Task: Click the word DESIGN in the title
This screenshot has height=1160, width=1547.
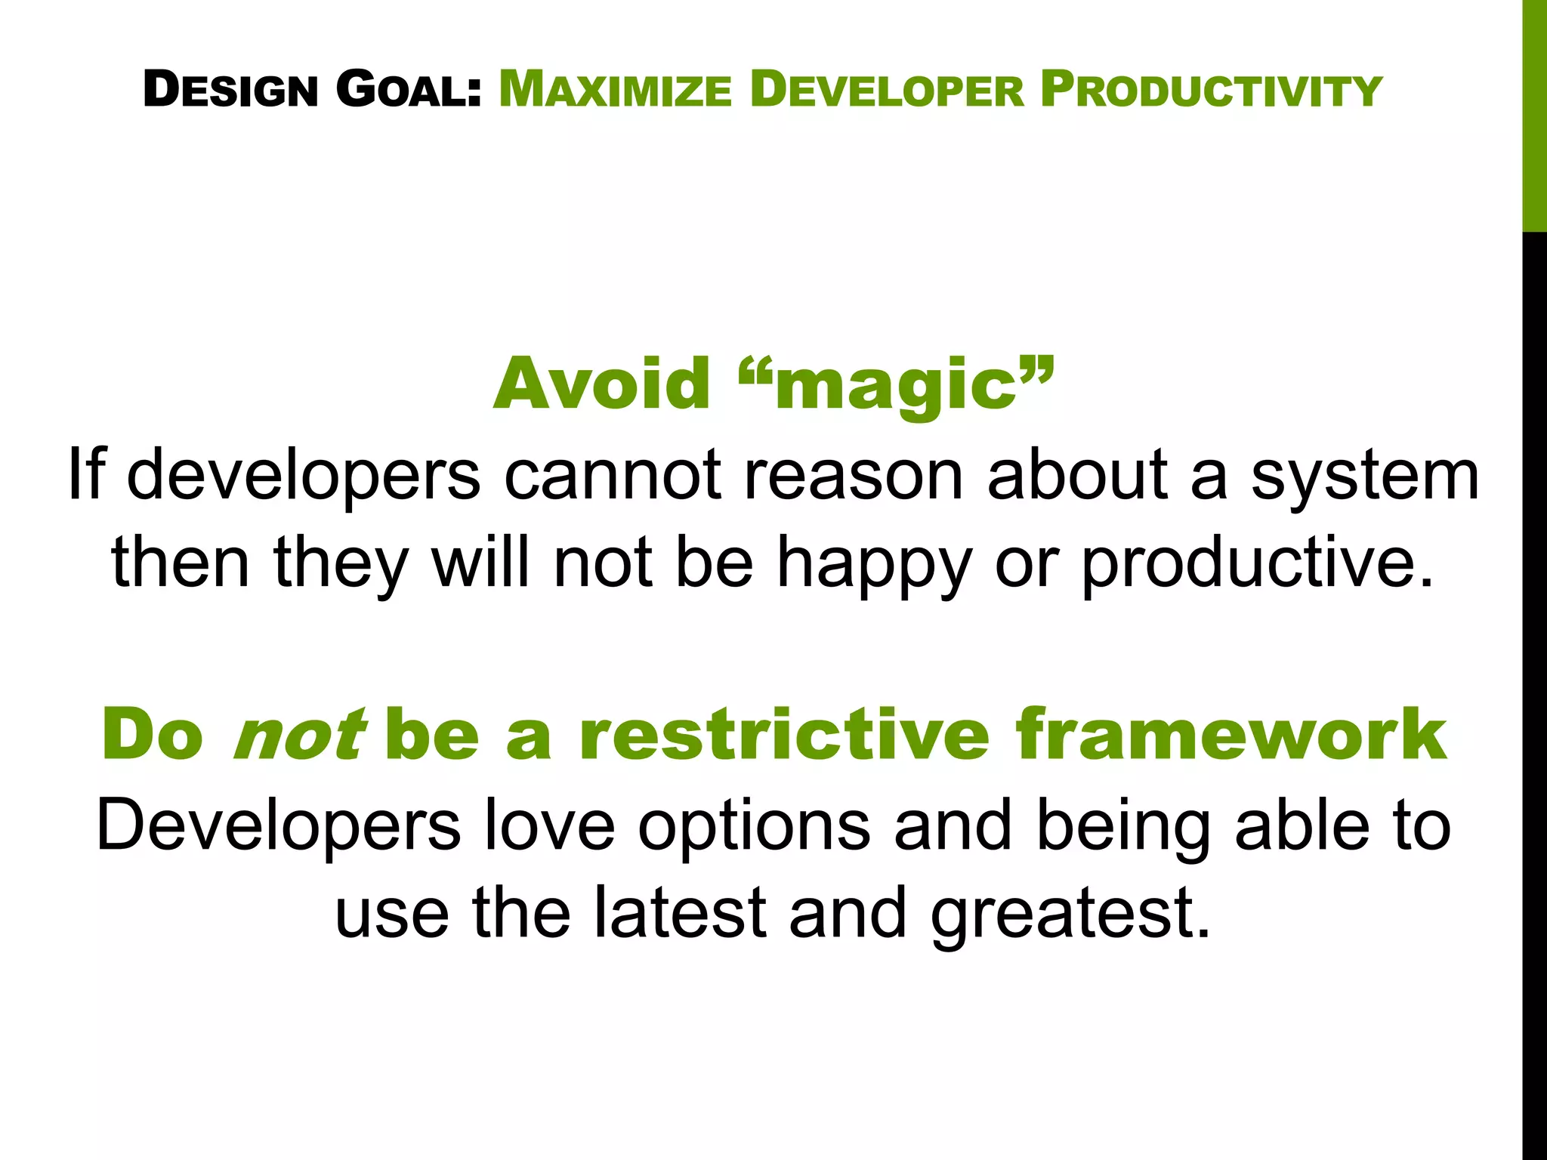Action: pos(230,90)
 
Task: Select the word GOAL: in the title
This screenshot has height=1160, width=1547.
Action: pos(408,90)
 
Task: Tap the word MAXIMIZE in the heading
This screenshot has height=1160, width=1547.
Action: pos(615,90)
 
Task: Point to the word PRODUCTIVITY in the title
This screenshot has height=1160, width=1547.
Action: pos(1211,90)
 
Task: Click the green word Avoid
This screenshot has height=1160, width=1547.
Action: pos(601,384)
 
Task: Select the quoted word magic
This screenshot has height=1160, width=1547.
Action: pos(896,387)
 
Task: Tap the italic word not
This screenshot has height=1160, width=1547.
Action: pos(299,735)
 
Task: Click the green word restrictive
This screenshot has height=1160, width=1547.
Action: pos(784,735)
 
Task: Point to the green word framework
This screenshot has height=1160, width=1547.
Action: pos(1230,735)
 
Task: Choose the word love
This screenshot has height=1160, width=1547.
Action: pos(549,826)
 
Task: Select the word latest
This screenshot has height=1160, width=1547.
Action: pos(680,914)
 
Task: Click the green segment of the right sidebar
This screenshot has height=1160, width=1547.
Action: pos(1534,113)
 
